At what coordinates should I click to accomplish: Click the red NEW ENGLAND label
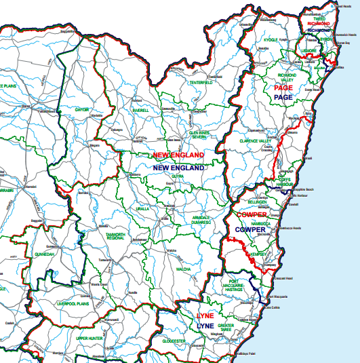coord(178,155)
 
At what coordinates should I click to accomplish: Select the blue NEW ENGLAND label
coord(179,167)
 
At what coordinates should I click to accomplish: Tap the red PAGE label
coord(283,88)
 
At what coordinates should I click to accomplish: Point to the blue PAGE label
coord(283,98)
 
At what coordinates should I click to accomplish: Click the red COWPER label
coord(251,215)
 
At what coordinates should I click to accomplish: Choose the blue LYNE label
coord(205,326)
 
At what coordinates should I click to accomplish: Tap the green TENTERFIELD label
coord(201,83)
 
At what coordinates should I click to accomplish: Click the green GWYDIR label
coord(82,109)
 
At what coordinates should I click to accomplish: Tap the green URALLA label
coord(142,209)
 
